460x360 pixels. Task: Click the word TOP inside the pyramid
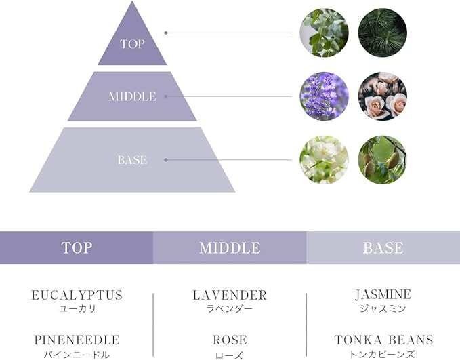point(132,44)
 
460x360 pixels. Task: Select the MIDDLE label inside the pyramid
point(132,97)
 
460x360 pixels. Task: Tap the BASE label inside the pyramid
point(132,160)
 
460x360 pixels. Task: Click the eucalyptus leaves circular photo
point(324,33)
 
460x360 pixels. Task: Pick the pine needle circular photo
point(382,33)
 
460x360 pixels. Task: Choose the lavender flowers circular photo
point(324,96)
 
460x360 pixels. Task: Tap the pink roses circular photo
point(382,96)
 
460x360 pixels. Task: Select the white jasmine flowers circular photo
point(324,160)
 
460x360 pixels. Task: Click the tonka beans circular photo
point(382,160)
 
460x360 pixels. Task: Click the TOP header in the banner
point(77,248)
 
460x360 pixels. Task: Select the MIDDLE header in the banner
point(230,248)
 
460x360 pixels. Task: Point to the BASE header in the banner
point(383,248)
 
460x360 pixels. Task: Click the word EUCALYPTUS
point(77,296)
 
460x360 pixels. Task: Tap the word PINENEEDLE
point(77,340)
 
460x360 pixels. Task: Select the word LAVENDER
point(230,296)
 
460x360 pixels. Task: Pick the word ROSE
point(230,340)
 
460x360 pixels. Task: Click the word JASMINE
point(383,295)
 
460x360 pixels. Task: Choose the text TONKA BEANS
point(383,340)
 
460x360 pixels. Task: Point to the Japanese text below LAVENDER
point(230,309)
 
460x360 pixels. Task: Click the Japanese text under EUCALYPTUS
point(77,309)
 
